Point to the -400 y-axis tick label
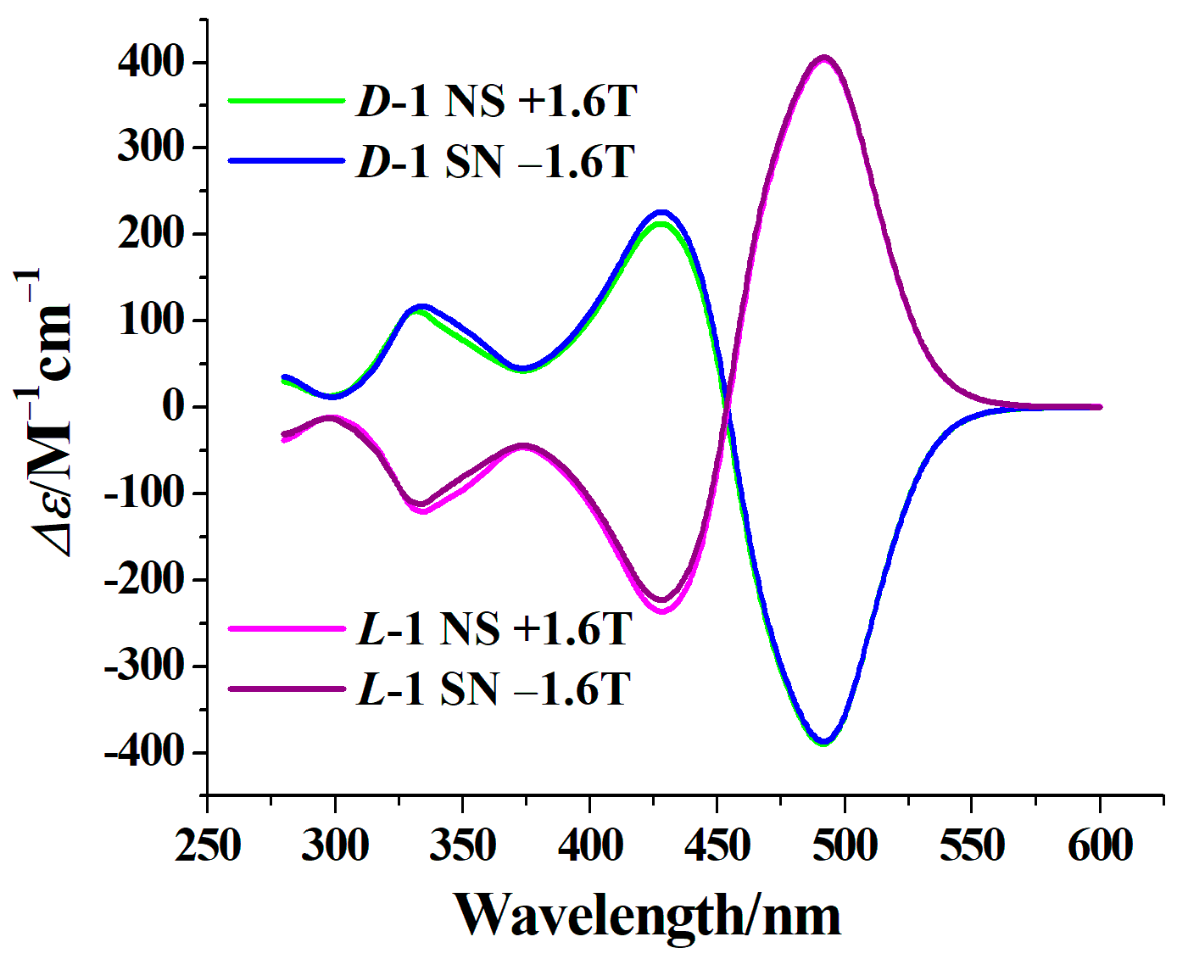pyautogui.click(x=143, y=752)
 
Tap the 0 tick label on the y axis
pyautogui.click(x=173, y=406)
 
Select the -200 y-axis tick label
pyautogui.click(x=143, y=580)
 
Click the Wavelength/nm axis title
pyautogui.click(x=648, y=916)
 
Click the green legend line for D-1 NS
pyautogui.click(x=287, y=101)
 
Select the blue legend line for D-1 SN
pyautogui.click(x=287, y=160)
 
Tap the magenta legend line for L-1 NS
pyautogui.click(x=287, y=628)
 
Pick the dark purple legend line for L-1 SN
pyautogui.click(x=287, y=689)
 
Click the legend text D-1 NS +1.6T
pyautogui.click(x=496, y=101)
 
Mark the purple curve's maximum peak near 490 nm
pyautogui.click(x=823, y=59)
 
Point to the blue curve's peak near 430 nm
pyautogui.click(x=661, y=213)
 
